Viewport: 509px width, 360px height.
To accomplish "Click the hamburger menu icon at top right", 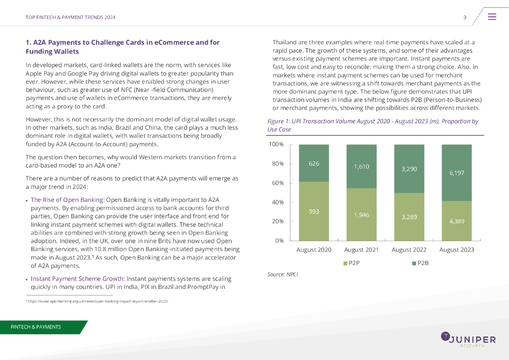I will tap(492, 17).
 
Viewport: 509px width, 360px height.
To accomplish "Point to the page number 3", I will tap(464, 17).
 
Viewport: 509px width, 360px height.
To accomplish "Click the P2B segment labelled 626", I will tap(314, 163).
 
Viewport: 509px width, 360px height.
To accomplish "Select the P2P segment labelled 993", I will tap(314, 211).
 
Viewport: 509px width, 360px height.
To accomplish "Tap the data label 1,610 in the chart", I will tap(361, 167).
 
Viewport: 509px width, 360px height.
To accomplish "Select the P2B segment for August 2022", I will tap(409, 169).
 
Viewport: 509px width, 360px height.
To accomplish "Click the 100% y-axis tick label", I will tap(275, 145).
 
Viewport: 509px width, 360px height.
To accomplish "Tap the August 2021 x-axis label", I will tap(361, 250).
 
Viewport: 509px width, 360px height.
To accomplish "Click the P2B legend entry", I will tap(420, 263).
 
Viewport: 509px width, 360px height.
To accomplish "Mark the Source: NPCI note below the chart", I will tap(282, 274).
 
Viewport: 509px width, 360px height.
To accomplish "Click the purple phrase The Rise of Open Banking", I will tap(67, 199).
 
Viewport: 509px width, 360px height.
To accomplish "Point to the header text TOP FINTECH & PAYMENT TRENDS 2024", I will tap(71, 17).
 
